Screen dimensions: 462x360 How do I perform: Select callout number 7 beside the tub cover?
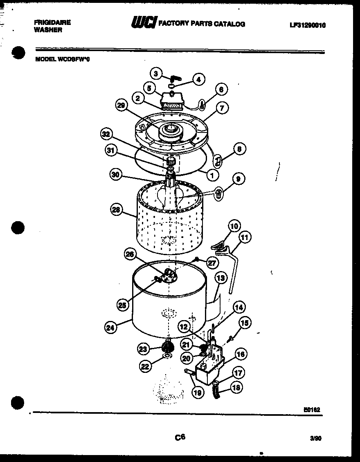click(x=221, y=108)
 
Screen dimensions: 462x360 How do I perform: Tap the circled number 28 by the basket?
click(x=117, y=210)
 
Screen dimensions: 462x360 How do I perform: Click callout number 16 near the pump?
click(x=241, y=354)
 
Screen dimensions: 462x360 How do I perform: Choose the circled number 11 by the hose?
click(x=245, y=237)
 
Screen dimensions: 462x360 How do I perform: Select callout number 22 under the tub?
click(x=145, y=366)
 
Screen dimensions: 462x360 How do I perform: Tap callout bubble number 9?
click(x=239, y=179)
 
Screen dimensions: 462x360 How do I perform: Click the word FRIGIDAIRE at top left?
click(x=52, y=22)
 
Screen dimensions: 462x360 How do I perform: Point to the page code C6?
click(x=180, y=437)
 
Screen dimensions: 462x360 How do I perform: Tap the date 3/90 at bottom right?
click(x=316, y=439)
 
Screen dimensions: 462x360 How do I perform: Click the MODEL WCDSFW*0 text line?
click(x=62, y=59)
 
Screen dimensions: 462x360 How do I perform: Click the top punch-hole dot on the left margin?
click(x=18, y=53)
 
